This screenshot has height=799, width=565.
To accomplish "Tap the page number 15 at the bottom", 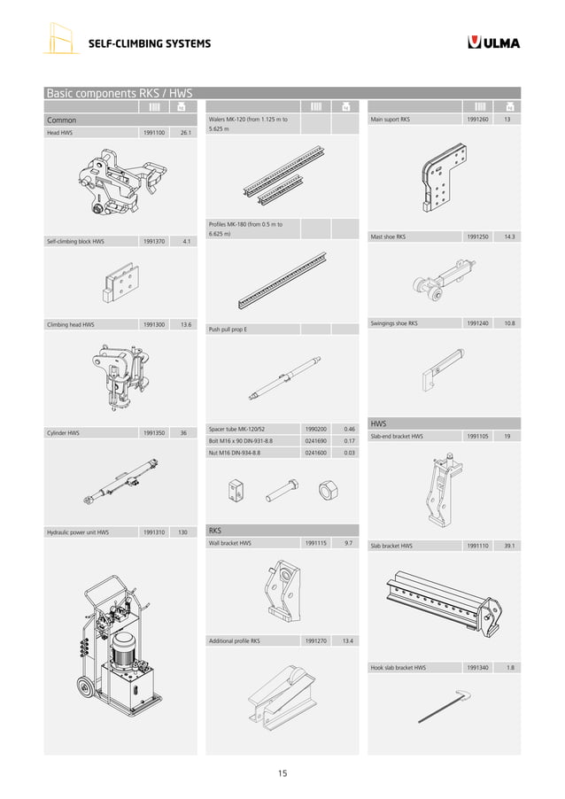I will tap(282, 773).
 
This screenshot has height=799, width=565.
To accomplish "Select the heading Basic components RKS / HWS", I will tap(119, 92).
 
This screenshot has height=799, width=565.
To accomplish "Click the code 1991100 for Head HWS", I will tap(152, 133).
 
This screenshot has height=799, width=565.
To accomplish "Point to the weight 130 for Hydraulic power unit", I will tap(183, 532).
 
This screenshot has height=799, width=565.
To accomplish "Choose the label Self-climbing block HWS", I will tap(75, 241).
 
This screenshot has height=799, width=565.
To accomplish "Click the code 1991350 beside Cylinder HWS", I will tap(152, 433).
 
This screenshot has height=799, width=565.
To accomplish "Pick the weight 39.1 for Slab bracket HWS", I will tap(508, 546).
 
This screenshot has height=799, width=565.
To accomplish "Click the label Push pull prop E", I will tap(228, 330).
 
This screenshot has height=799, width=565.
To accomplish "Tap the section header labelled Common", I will tap(62, 120).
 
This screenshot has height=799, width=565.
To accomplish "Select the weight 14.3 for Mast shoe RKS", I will tap(508, 237).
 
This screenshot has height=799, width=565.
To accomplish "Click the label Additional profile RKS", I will tap(234, 640).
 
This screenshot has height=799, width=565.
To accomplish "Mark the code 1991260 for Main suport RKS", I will tap(476, 119).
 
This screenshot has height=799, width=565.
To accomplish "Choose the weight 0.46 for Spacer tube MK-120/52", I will tap(349, 429).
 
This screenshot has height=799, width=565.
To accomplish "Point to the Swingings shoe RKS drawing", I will tap(438, 367).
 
